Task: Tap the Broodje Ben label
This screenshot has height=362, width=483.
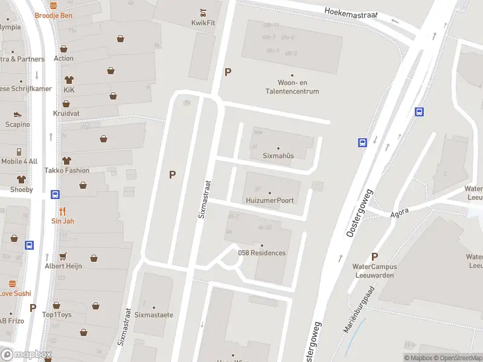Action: tap(53, 15)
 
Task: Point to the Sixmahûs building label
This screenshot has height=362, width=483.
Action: tap(278, 156)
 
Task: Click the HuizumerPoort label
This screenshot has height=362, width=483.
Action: tap(269, 200)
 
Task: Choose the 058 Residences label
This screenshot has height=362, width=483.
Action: tap(262, 253)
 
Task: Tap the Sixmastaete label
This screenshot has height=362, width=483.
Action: tap(153, 315)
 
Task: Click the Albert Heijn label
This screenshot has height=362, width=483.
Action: tap(63, 265)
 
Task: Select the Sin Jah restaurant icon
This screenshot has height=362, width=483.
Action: tap(63, 212)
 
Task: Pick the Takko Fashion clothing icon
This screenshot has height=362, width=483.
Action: tap(66, 160)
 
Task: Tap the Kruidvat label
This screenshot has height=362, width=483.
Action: tap(66, 113)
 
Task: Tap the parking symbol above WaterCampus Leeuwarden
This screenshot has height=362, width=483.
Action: tap(374, 256)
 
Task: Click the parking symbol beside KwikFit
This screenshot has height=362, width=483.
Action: tap(228, 72)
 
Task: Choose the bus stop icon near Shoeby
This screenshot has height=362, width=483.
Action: tap(55, 194)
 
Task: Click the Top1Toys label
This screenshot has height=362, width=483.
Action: tap(57, 315)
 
